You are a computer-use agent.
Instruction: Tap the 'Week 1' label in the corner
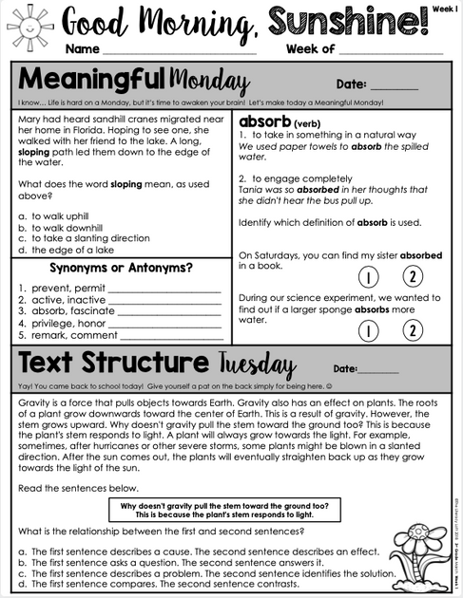440,7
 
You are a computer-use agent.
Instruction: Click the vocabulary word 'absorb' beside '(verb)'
264,122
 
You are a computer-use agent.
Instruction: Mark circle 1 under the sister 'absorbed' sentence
369,277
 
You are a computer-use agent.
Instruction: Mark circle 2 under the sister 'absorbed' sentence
413,277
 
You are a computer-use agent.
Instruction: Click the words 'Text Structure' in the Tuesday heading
112,364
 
